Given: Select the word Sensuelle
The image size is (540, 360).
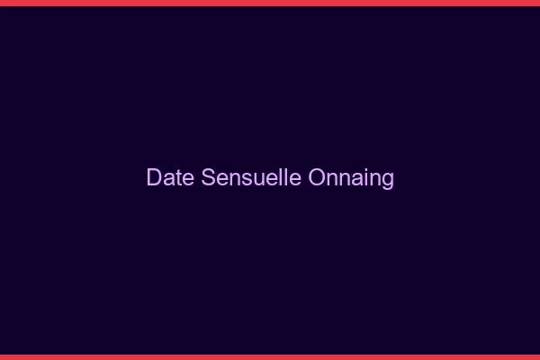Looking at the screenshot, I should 251,177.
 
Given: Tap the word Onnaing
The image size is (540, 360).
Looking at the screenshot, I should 351,178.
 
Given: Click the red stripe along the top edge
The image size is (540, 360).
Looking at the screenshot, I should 270,3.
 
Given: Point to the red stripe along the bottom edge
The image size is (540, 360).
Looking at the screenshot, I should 270,356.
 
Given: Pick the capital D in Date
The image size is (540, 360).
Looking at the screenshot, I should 154,177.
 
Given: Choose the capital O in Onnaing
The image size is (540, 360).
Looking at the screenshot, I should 317,177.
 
